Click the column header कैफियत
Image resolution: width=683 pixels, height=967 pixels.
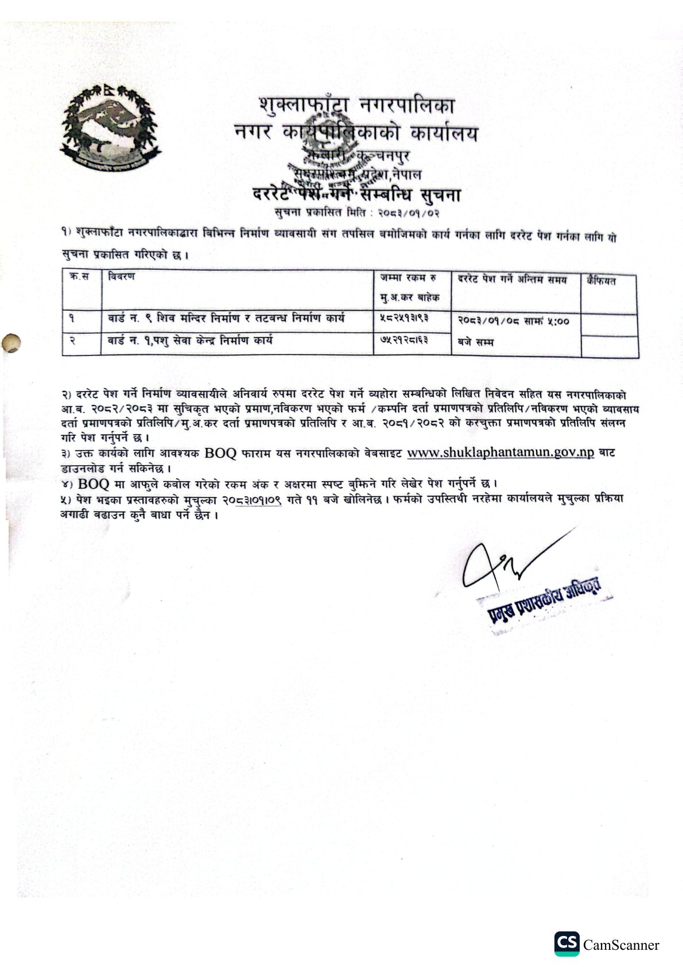[601, 281]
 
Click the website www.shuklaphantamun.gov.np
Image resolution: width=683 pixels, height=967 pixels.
[500, 452]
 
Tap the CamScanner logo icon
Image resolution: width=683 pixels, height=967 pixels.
[566, 943]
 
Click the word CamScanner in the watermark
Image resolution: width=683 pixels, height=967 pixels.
[621, 945]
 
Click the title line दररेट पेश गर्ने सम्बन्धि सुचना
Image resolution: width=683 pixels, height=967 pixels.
[356, 195]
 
